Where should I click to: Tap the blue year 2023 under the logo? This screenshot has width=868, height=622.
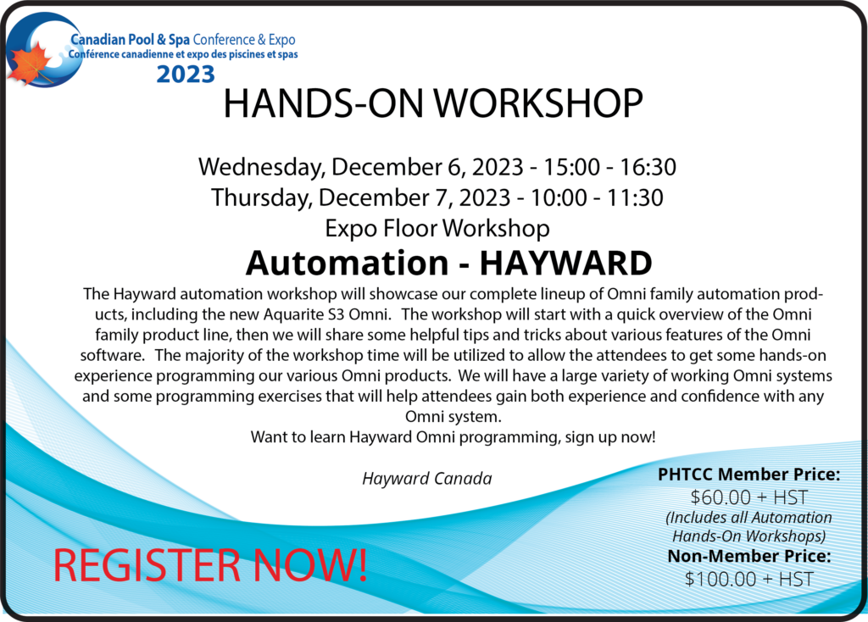pyautogui.click(x=186, y=75)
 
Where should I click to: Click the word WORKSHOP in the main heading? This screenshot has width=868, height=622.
pyautogui.click(x=538, y=103)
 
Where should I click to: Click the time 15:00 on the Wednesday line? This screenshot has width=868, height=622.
pyautogui.click(x=571, y=167)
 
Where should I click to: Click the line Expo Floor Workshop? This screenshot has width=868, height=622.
pyautogui.click(x=437, y=228)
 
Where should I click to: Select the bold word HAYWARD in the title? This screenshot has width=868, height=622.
pyautogui.click(x=565, y=263)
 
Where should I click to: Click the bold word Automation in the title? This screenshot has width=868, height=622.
pyautogui.click(x=347, y=263)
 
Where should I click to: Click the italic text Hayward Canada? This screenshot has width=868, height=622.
pyautogui.click(x=427, y=478)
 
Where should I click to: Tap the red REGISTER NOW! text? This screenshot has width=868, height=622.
pyautogui.click(x=210, y=565)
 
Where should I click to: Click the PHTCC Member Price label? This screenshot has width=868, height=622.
pyautogui.click(x=749, y=475)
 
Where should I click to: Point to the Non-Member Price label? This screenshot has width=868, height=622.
pyautogui.click(x=749, y=556)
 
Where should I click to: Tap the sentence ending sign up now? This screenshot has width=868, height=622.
pyautogui.click(x=453, y=437)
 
